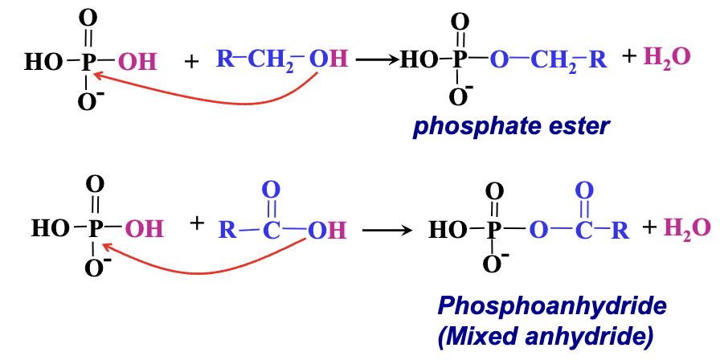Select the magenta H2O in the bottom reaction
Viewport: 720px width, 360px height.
(x=687, y=228)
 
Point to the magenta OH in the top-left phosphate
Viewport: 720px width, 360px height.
(x=137, y=60)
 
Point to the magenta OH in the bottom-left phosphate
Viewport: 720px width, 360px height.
(x=145, y=230)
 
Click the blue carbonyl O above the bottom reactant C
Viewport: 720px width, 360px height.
(x=271, y=190)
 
